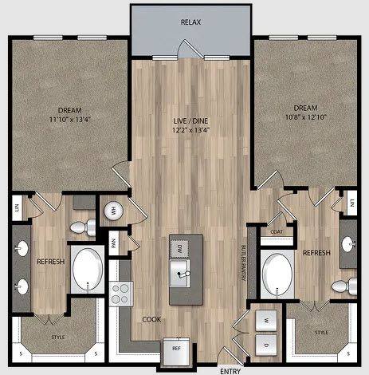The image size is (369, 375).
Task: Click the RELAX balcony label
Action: [190, 22]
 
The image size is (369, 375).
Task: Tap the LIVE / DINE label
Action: [190, 121]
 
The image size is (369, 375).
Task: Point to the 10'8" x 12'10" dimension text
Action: [305, 117]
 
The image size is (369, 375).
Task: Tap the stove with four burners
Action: [121, 294]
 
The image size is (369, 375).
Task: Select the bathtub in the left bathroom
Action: [87, 270]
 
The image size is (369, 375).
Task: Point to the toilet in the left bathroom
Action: [80, 228]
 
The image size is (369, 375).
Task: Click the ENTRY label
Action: [230, 369]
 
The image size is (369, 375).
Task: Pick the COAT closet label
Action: [277, 232]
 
